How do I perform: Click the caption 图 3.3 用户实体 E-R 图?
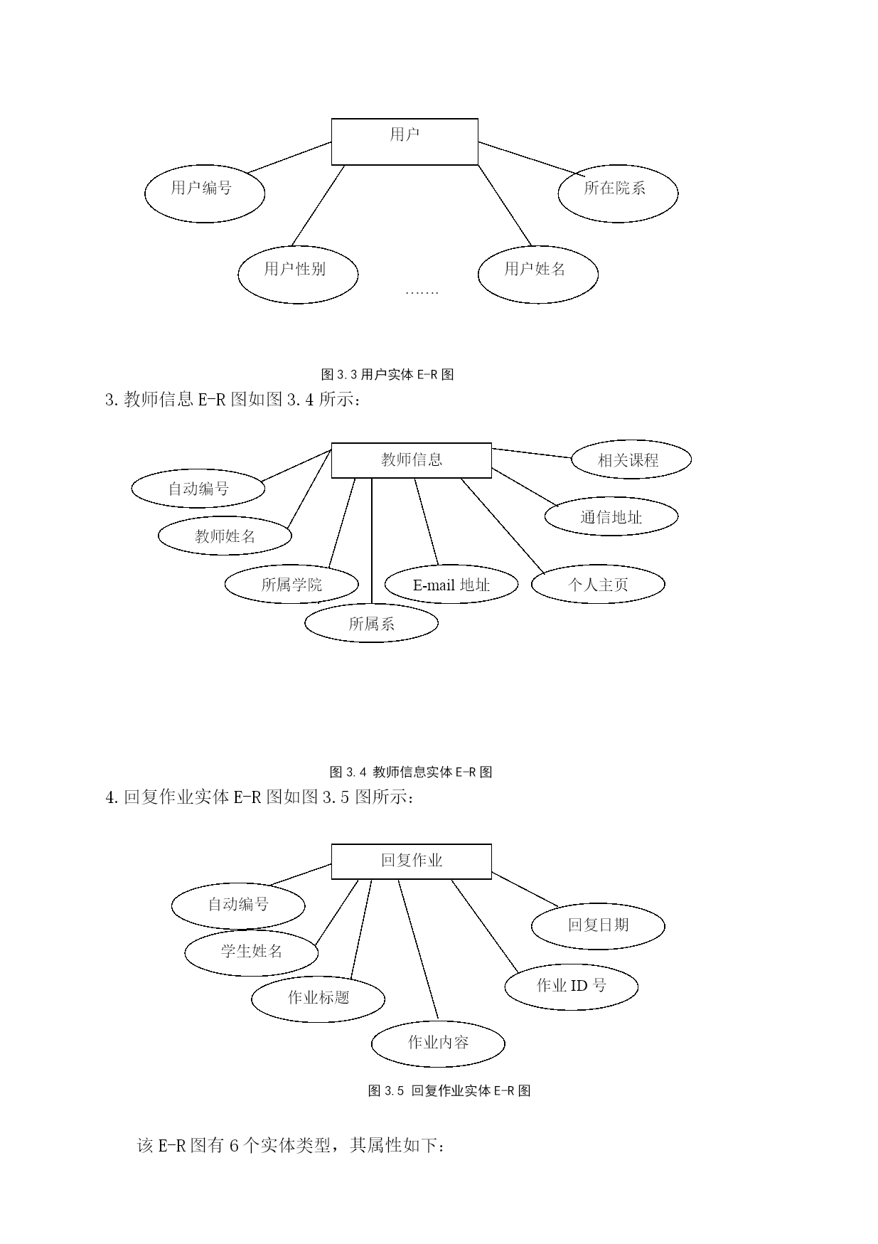coord(387,374)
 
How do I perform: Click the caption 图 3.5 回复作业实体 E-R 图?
coord(449,1090)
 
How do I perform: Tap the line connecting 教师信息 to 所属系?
coord(372,541)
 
